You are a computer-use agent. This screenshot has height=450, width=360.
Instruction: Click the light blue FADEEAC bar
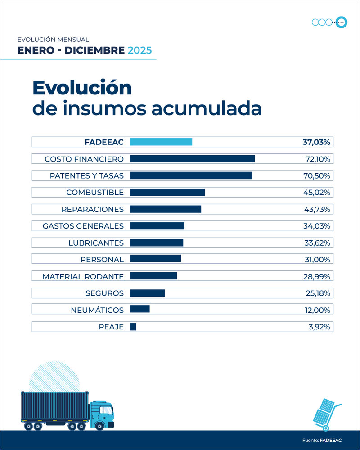161,142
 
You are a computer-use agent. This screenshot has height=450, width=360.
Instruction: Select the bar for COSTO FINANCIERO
192,159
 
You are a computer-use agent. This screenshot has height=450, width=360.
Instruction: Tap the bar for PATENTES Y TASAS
191,175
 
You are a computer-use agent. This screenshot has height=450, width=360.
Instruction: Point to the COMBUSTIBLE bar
167,193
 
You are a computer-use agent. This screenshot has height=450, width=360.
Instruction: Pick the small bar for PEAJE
133,327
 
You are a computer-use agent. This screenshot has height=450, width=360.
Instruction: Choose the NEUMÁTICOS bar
139,310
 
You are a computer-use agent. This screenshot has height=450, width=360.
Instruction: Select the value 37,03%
316,142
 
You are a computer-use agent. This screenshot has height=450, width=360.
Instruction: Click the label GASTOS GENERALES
83,226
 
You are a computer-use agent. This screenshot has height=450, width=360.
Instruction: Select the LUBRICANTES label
96,243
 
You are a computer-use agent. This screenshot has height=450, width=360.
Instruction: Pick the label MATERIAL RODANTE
83,276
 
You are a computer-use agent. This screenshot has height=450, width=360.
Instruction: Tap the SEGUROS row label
104,293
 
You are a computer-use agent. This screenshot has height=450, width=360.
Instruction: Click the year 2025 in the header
139,50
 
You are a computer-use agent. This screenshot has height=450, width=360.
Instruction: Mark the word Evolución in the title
82,87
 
